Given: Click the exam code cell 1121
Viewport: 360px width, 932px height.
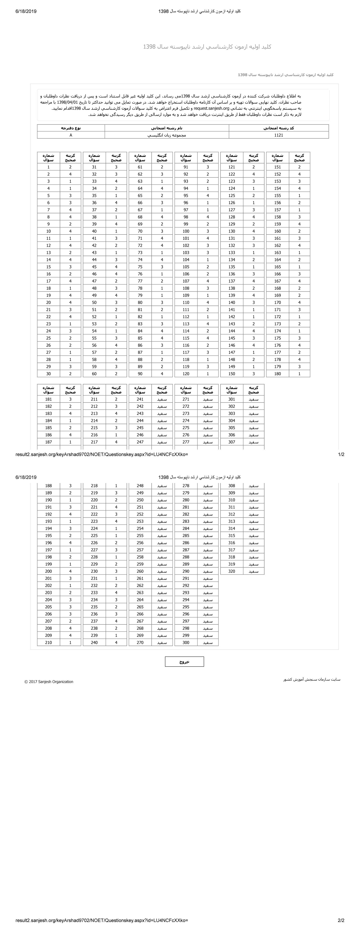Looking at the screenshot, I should pos(279,135).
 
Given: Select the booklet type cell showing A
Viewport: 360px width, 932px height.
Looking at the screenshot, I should pos(71,135).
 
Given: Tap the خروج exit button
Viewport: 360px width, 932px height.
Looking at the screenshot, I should pos(184,661).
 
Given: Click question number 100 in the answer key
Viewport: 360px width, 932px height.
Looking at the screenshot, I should pos(186,231).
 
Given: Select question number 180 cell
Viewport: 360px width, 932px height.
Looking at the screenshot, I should pos(277,374).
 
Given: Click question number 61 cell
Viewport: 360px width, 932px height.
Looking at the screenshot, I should pos(140,167).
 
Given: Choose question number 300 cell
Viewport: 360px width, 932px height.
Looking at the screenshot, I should pos(186,643).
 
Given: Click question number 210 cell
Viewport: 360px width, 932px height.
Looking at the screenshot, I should pos(48,643).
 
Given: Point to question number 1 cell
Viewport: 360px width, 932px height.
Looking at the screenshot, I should pos(48,167).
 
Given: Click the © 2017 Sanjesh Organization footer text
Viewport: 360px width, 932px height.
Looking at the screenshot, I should pos(49,682).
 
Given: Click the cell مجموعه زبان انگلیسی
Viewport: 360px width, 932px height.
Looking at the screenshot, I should pos(167,135).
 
